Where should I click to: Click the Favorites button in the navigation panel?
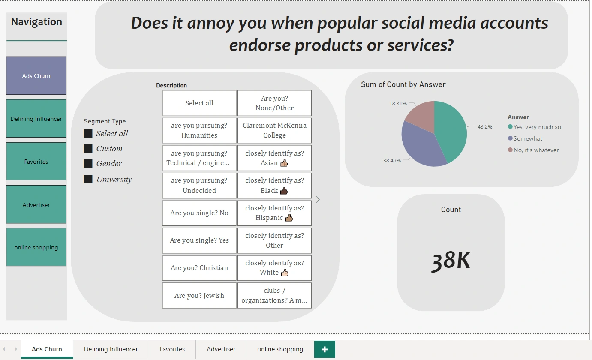(36, 162)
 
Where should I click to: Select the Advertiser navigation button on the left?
(36, 204)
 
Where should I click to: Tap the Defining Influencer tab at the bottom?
(111, 349)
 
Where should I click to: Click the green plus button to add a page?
(325, 349)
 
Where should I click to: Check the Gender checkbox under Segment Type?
(88, 164)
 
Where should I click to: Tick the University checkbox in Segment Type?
(88, 179)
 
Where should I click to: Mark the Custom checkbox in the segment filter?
(88, 149)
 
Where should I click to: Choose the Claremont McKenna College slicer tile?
(275, 130)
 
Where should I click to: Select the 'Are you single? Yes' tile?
(199, 240)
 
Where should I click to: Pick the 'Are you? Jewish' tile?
(199, 296)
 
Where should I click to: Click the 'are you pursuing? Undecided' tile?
(199, 185)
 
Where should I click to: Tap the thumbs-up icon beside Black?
(284, 191)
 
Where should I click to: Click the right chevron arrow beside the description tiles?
(318, 200)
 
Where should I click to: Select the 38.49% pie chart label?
(392, 160)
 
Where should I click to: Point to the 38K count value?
(451, 261)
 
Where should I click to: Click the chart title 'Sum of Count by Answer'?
(403, 84)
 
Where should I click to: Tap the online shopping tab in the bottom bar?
(280, 349)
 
